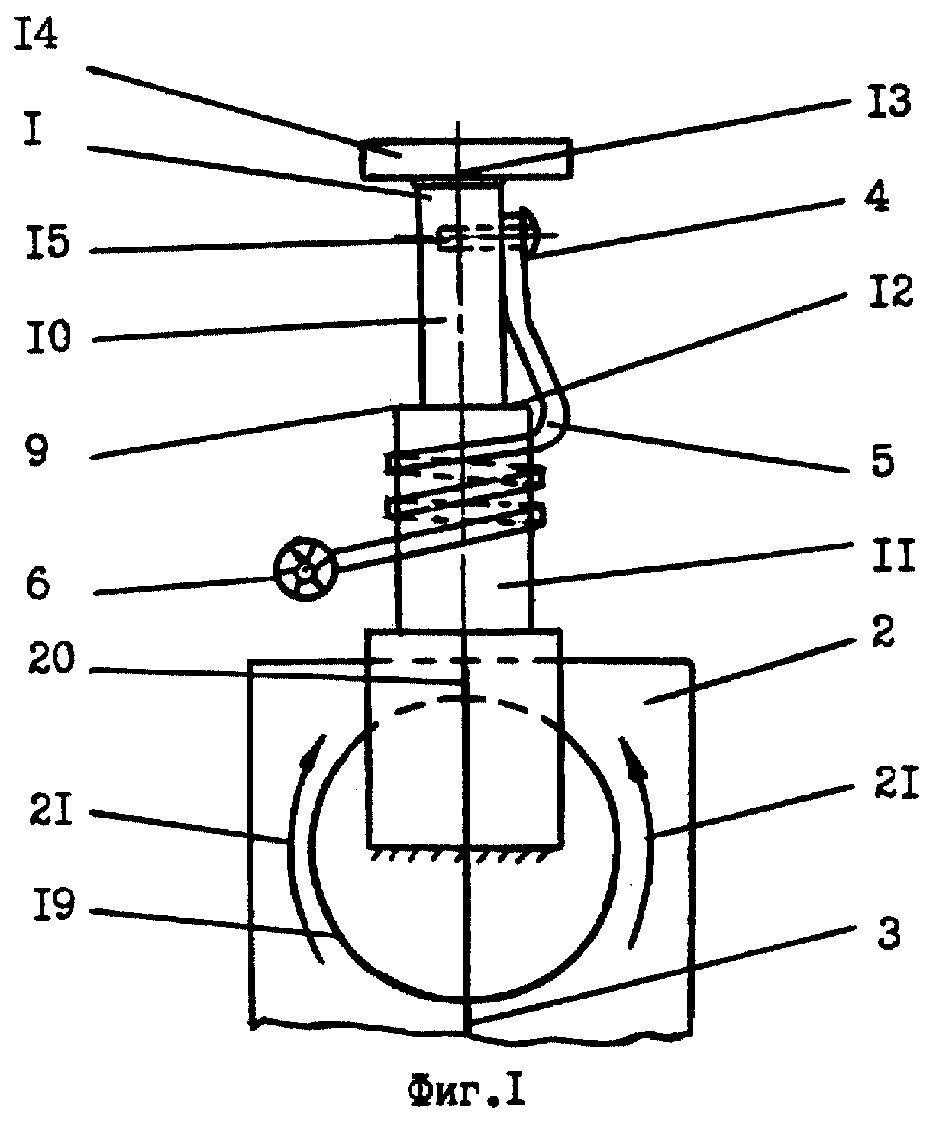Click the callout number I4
pos(36,37)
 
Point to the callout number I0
pos(49,338)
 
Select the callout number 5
pos(883,460)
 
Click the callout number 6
pos(38,584)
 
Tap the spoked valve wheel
pos(305,569)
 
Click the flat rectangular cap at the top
pos(466,158)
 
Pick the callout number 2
pos(882,632)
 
